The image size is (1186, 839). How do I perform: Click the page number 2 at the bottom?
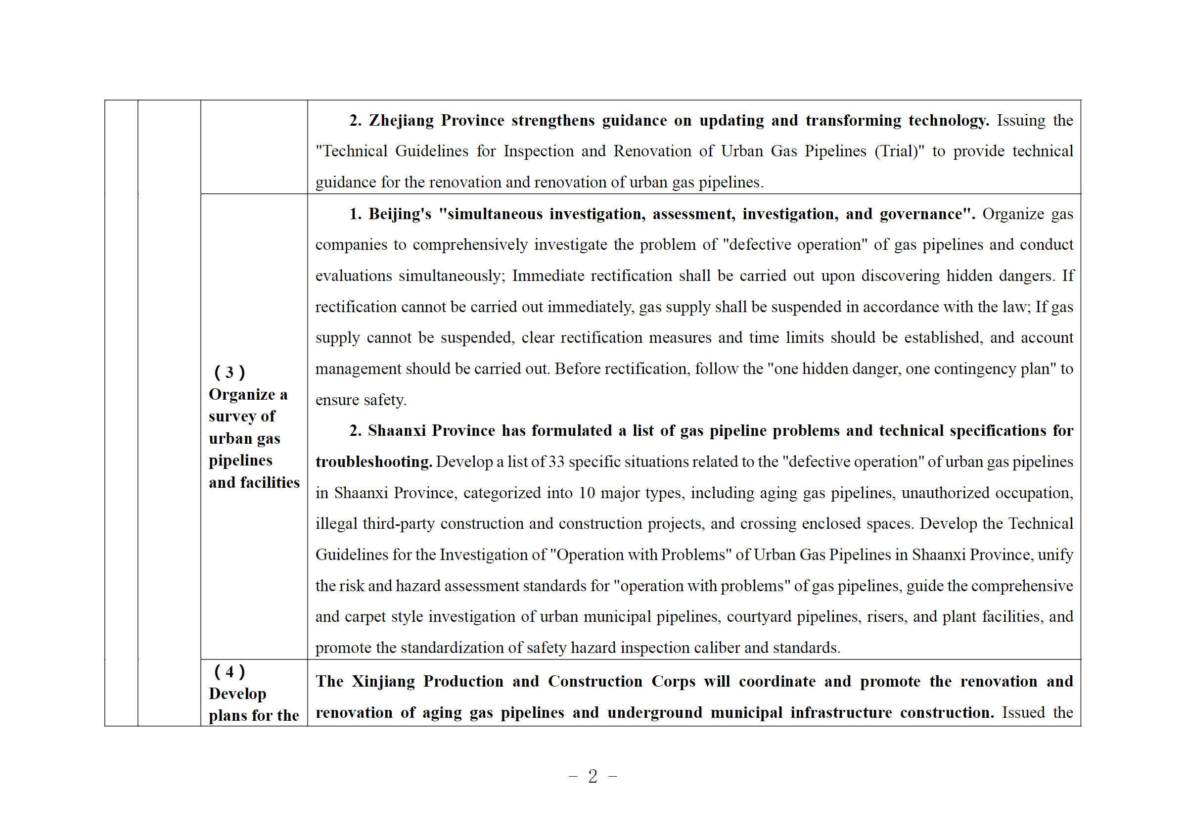(x=593, y=776)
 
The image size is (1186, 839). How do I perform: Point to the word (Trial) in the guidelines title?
(x=899, y=151)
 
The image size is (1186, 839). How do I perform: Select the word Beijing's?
(x=399, y=214)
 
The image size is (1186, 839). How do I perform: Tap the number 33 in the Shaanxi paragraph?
(x=556, y=462)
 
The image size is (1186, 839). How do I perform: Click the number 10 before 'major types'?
(x=586, y=493)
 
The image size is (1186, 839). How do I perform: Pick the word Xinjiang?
(x=383, y=681)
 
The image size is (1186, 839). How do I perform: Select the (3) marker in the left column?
(x=229, y=372)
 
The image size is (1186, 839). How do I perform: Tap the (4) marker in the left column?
(x=229, y=672)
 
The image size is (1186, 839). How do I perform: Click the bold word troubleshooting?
(x=373, y=462)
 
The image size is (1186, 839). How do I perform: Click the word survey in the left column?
(x=231, y=417)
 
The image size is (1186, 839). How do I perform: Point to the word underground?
(x=654, y=713)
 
